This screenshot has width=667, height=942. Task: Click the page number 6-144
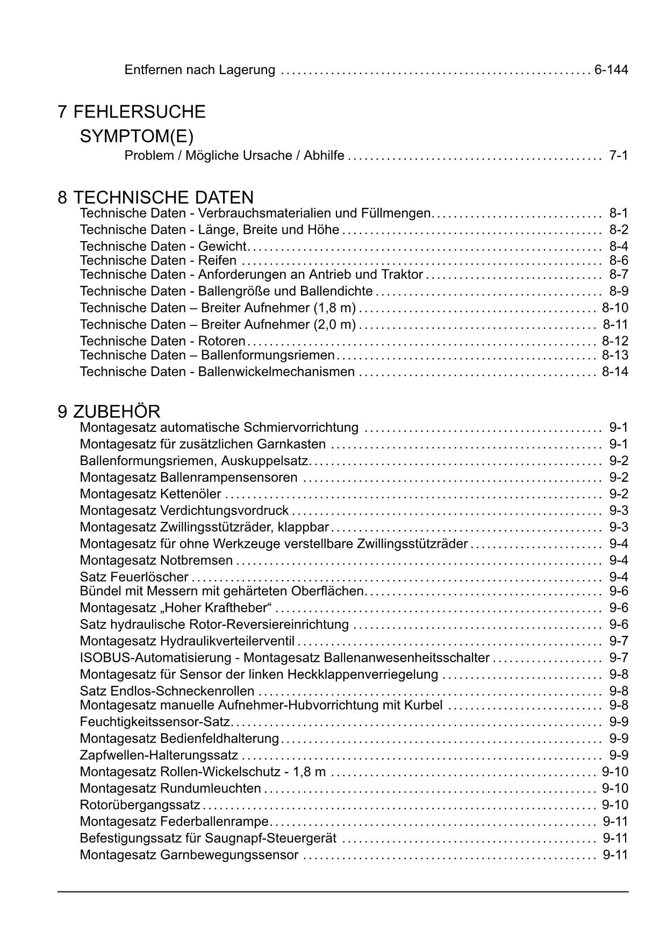tap(611, 70)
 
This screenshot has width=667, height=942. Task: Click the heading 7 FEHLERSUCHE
tap(132, 112)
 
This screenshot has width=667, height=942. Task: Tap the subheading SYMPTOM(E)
tap(137, 137)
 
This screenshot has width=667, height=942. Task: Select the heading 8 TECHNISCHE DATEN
tap(156, 197)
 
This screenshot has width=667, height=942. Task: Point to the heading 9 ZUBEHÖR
tap(109, 412)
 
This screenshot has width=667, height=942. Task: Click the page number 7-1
tap(618, 156)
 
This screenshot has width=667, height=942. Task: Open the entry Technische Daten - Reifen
tap(158, 260)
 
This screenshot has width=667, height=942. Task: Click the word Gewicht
tap(222, 247)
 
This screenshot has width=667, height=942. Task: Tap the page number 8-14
tap(615, 372)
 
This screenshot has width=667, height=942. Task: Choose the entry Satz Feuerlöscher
tap(134, 577)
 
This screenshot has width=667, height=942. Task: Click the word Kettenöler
tap(191, 494)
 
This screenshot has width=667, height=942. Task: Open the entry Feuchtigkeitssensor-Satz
tap(155, 722)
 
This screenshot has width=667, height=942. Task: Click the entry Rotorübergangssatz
tap(140, 805)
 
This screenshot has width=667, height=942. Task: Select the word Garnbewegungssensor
tap(229, 855)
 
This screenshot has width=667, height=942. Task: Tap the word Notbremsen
tap(196, 561)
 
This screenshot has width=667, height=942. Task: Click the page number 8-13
tap(615, 355)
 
